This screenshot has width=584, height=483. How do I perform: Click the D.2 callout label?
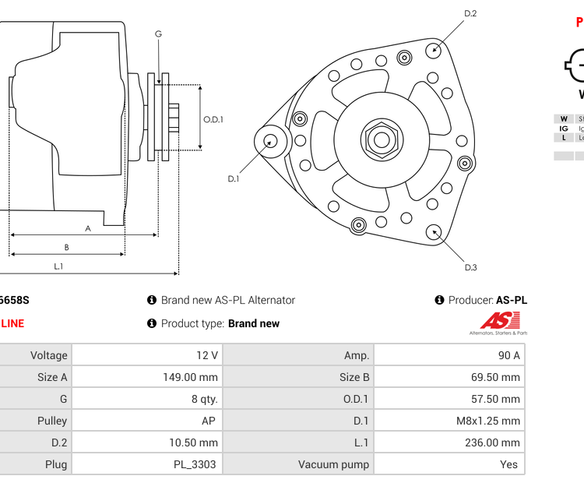(470, 13)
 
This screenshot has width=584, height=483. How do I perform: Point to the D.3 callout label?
(470, 267)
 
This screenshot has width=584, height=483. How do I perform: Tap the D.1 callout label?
(233, 178)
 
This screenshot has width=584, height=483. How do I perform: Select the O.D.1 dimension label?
(213, 119)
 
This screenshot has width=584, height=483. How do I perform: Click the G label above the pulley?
(158, 33)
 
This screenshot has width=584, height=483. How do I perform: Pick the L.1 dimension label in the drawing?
(58, 266)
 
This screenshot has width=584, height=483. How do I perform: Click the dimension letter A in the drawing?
(88, 228)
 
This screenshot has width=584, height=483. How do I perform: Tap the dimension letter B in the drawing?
(66, 247)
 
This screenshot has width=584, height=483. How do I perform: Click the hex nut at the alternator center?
(381, 140)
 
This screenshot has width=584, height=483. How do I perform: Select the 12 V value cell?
(207, 355)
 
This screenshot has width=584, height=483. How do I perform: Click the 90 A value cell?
(508, 355)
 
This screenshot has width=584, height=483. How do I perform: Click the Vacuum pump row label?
(333, 464)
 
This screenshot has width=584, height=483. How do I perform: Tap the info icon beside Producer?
(440, 300)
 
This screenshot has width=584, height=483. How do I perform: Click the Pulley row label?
(52, 421)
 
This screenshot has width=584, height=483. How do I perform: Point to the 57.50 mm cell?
(494, 399)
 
